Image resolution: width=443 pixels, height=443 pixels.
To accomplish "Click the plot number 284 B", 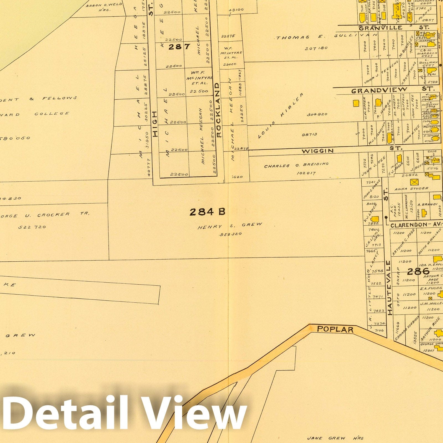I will click(207, 212).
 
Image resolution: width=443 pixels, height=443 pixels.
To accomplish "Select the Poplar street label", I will click(335, 329).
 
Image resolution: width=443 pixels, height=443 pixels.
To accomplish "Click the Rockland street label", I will click(218, 110).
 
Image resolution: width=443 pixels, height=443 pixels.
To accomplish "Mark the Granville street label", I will click(380, 28).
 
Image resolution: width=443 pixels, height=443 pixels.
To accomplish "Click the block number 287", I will click(179, 47).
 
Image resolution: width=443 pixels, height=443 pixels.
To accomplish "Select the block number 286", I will click(418, 271).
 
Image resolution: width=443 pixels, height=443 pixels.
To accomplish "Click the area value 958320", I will click(231, 234).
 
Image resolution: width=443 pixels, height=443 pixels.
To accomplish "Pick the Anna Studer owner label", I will click(411, 189).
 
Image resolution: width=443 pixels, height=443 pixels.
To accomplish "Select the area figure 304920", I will click(317, 114).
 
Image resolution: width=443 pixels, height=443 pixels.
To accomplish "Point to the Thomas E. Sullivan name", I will click(327, 37).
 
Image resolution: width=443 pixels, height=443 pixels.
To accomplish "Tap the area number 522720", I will click(32, 227).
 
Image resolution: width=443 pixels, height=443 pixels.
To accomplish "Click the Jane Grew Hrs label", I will click(335, 438).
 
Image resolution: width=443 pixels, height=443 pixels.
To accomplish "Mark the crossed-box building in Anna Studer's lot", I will click(414, 182).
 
